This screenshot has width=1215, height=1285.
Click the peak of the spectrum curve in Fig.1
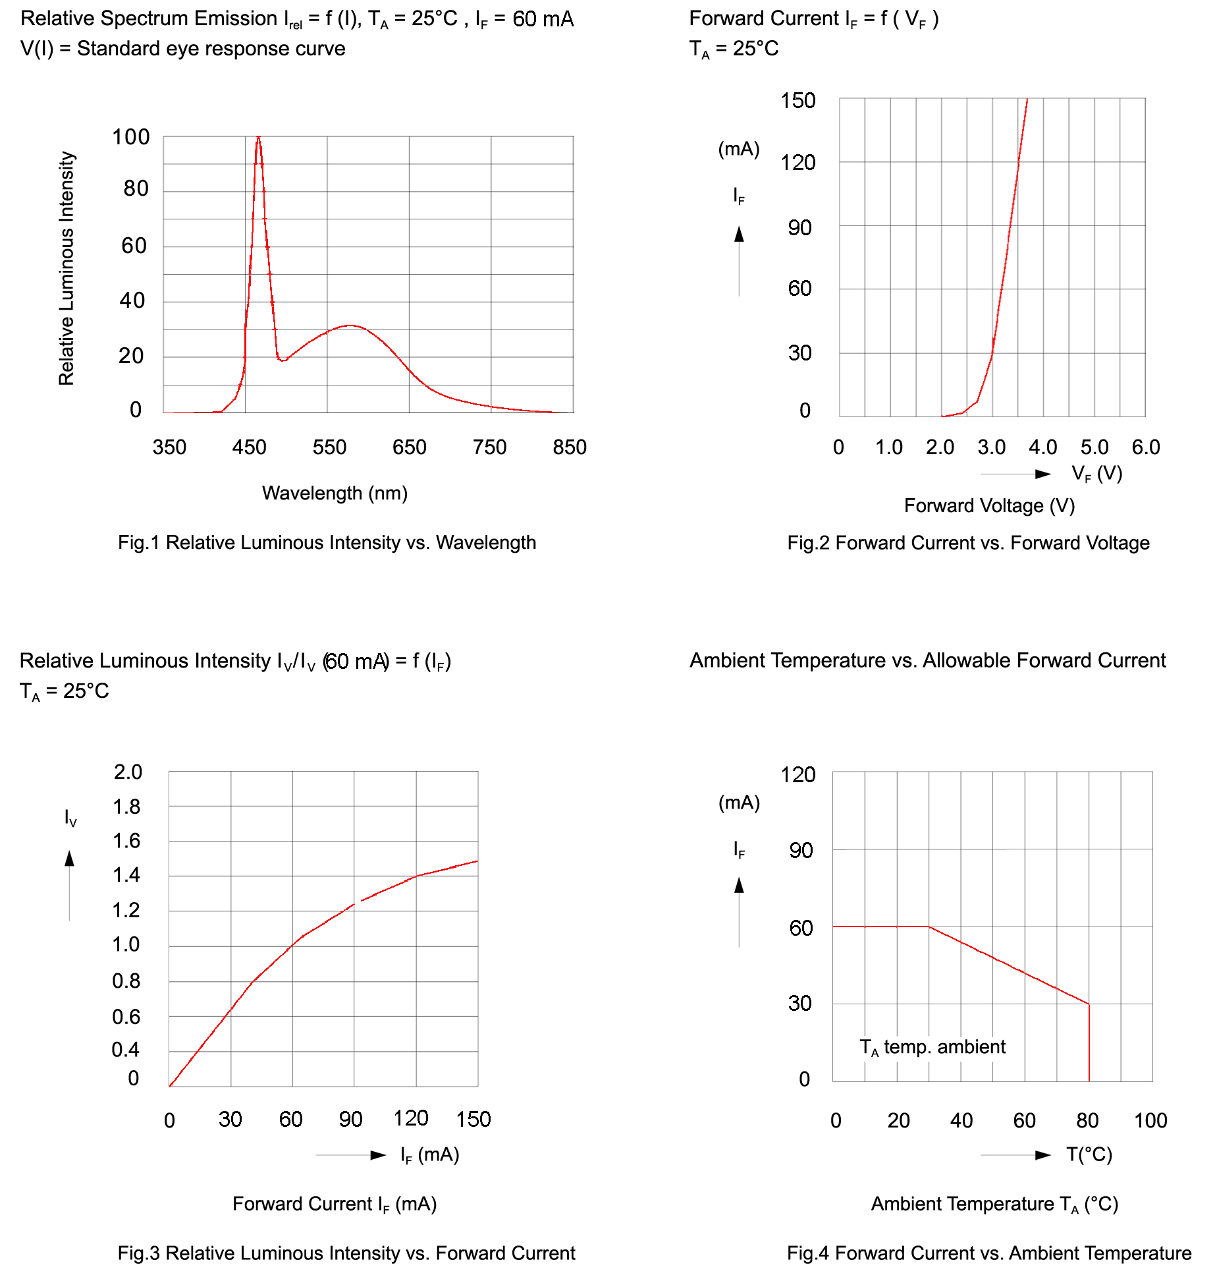(x=258, y=138)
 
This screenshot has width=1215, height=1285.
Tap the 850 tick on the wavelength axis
(x=570, y=447)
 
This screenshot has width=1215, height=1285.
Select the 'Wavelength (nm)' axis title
(x=335, y=493)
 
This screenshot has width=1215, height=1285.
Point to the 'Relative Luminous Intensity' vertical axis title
(x=67, y=268)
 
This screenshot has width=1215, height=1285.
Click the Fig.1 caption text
(x=327, y=542)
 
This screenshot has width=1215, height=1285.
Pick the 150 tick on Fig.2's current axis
(x=797, y=101)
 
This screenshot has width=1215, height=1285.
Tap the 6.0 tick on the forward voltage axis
(x=1145, y=447)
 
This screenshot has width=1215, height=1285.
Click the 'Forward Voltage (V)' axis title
(x=989, y=505)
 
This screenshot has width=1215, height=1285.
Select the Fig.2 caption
(x=968, y=543)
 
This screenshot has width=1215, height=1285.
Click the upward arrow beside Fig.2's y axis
(x=739, y=235)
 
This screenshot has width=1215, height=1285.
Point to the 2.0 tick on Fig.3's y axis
(x=128, y=772)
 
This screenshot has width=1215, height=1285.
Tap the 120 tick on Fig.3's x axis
(x=411, y=1118)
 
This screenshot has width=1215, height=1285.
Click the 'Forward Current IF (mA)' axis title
(x=335, y=1204)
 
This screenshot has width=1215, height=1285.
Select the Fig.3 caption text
(x=346, y=1253)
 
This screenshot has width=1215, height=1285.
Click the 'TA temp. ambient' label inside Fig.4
(x=932, y=1047)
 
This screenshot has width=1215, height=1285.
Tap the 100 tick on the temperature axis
(x=1150, y=1120)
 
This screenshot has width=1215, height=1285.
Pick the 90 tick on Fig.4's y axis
(x=801, y=850)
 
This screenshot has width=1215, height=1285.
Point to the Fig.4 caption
(x=989, y=1253)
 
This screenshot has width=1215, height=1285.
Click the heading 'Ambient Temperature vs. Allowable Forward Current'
(x=927, y=660)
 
